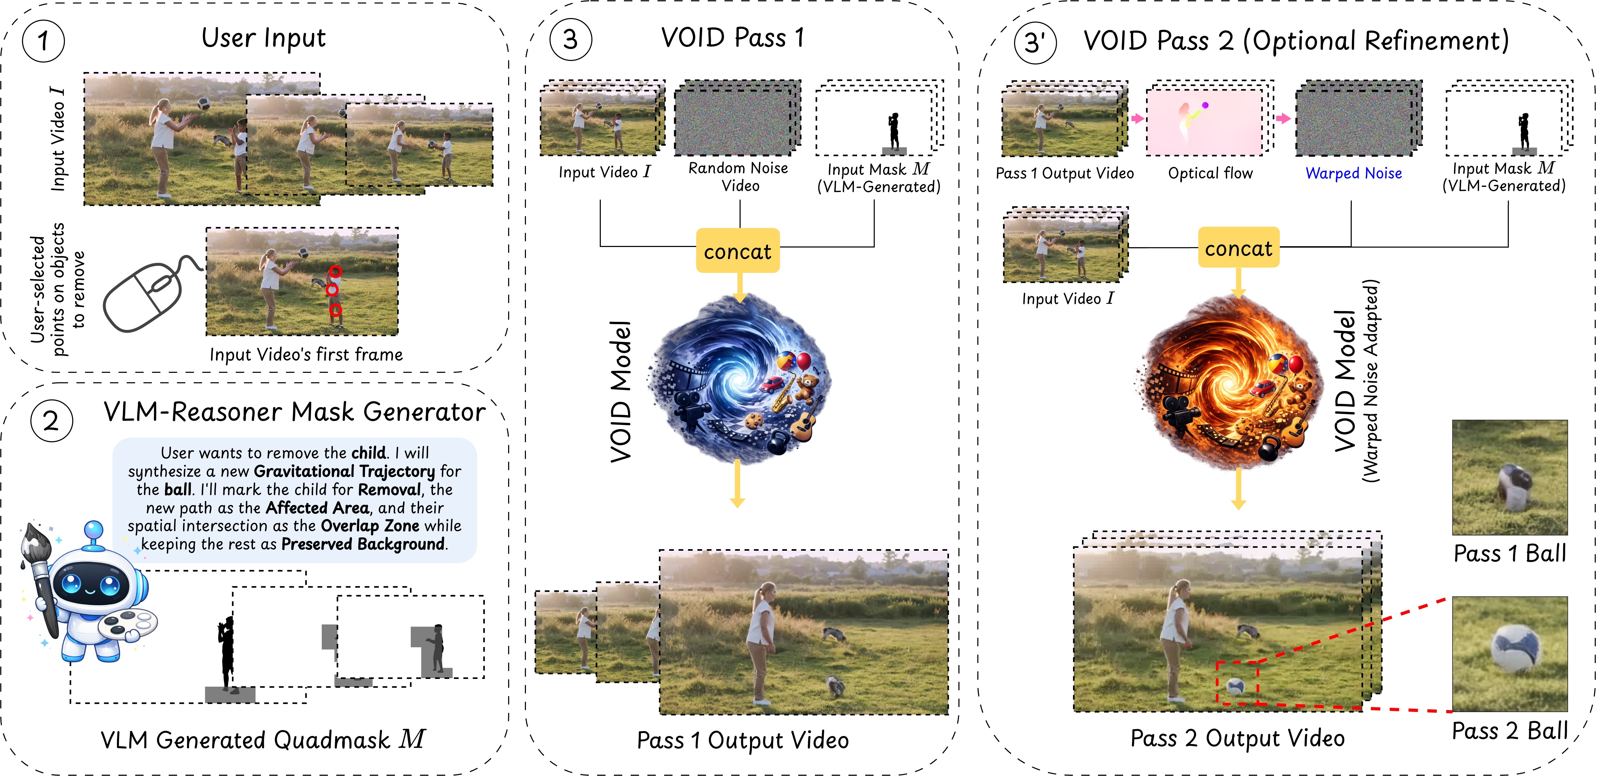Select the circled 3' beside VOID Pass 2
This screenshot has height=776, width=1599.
click(1035, 42)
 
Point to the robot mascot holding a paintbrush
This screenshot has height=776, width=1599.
click(90, 595)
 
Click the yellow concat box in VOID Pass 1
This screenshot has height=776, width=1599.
click(737, 251)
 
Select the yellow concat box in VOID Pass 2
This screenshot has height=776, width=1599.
click(1238, 248)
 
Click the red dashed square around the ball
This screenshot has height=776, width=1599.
click(1236, 683)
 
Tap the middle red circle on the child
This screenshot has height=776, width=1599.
click(332, 290)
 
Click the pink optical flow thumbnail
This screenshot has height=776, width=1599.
click(1204, 121)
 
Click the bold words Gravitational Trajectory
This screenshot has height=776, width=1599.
click(345, 471)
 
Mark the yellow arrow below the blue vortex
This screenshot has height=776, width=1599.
click(737, 484)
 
